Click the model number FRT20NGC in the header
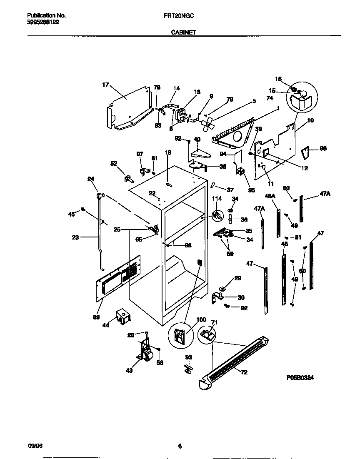pyautogui.click(x=179, y=15)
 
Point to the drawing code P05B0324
pyautogui.click(x=300, y=378)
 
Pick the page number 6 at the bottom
pyautogui.click(x=180, y=447)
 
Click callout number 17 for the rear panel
pyautogui.click(x=105, y=85)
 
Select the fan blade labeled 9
pyautogui.click(x=207, y=123)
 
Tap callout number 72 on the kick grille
pyautogui.click(x=244, y=372)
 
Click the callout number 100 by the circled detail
pyautogui.click(x=201, y=320)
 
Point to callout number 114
pyautogui.click(x=217, y=198)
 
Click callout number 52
pyautogui.click(x=114, y=164)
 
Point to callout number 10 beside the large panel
pyautogui.click(x=310, y=121)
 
